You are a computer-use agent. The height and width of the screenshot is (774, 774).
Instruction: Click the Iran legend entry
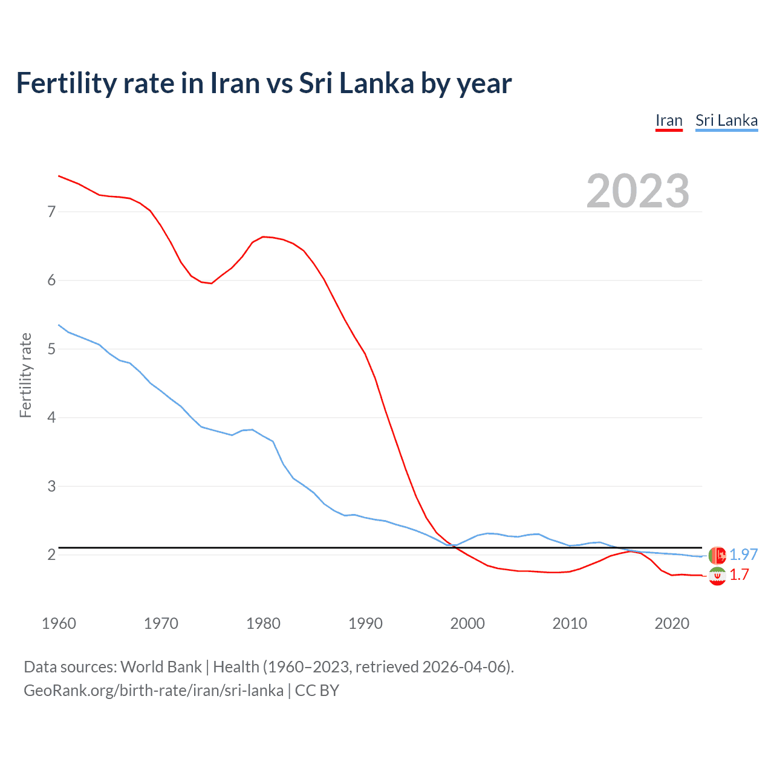pos(669,120)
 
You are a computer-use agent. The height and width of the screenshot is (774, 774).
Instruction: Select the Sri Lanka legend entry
pos(726,120)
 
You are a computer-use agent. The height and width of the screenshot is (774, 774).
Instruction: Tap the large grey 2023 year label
pos(637,191)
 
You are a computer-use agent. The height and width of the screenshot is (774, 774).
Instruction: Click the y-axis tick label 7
pos(51,212)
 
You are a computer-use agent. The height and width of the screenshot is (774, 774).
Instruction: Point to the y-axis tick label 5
pos(51,349)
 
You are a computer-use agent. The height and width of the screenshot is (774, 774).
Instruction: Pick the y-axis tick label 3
pos(51,486)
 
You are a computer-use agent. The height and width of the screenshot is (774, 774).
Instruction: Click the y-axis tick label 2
pos(51,554)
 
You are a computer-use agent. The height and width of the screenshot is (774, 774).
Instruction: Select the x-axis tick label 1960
pos(59,623)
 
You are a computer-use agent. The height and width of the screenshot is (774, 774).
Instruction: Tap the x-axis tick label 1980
pos(263,623)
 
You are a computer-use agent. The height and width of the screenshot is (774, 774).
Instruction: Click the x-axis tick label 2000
pos(467,623)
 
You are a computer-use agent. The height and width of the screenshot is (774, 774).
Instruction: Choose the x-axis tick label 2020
pos(672,623)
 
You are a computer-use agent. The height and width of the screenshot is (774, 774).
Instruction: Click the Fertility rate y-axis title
pos(25,375)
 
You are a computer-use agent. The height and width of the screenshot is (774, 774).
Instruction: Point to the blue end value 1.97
pos(743,554)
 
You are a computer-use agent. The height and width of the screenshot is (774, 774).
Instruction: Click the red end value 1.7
pos(739,574)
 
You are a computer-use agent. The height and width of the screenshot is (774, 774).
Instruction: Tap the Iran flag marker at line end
pos(717,576)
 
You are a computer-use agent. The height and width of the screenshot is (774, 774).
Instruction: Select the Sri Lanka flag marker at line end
pos(717,554)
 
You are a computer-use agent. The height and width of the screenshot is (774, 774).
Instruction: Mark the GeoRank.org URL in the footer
pos(154,691)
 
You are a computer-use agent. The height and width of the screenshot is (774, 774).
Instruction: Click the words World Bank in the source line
pos(161,667)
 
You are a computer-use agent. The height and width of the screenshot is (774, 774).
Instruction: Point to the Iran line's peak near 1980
pos(263,236)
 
